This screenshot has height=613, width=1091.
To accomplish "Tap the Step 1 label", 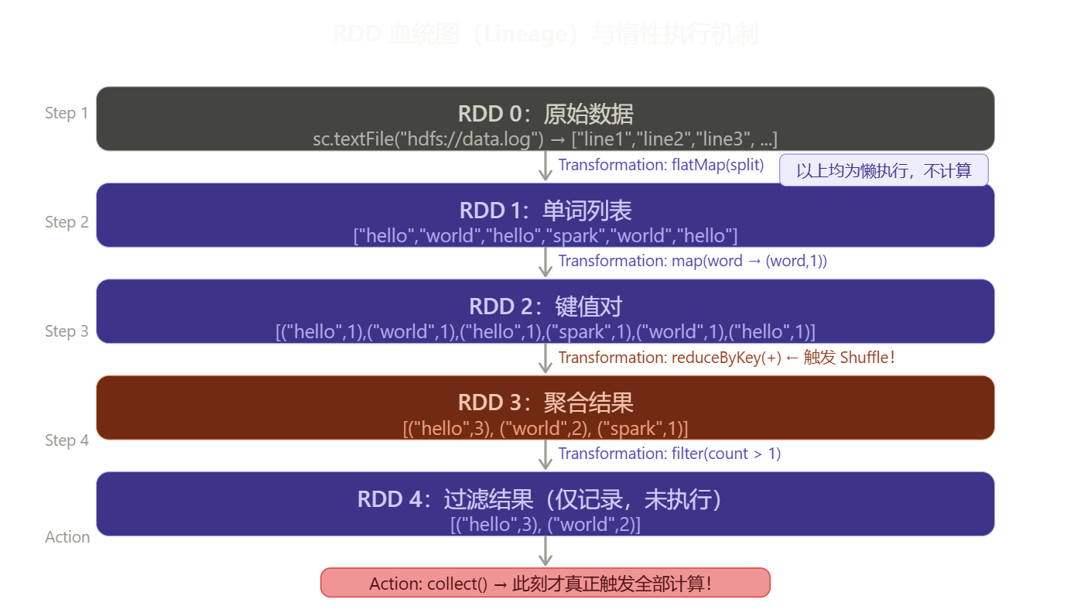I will (67, 113).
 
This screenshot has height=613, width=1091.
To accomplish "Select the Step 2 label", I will (67, 222).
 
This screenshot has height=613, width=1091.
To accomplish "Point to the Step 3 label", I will (67, 331).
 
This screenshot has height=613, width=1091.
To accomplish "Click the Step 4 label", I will (67, 440).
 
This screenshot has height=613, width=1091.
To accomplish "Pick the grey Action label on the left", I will (67, 537).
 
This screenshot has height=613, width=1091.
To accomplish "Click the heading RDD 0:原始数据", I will (545, 115).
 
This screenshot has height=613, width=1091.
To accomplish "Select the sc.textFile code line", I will (545, 139).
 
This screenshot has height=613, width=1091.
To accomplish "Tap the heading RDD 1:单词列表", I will (545, 211).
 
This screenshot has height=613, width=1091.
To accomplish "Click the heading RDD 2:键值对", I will (545, 306).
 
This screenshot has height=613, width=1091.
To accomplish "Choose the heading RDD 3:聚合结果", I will (545, 402).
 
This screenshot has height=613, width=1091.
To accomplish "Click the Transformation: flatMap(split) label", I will (661, 165).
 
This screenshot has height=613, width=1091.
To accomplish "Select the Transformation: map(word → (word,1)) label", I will (693, 261).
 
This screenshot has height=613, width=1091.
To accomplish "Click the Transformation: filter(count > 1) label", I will (669, 454).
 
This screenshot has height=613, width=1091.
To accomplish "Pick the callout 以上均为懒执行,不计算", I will (884, 170).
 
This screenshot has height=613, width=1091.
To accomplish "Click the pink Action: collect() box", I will (545, 583).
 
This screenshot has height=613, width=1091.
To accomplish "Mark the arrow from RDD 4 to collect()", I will (545, 551).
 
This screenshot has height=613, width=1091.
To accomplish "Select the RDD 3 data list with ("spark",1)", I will (545, 428).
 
